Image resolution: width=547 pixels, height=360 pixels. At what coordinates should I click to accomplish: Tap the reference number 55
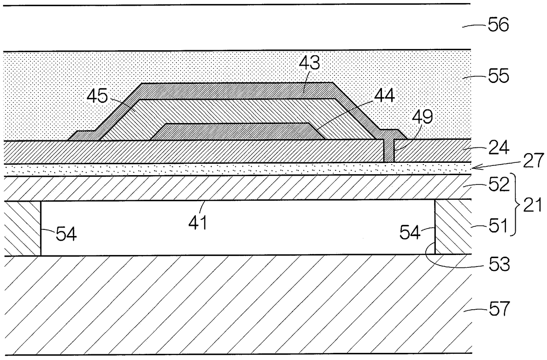(498, 75)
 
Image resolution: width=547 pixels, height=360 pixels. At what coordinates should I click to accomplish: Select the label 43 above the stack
(309, 63)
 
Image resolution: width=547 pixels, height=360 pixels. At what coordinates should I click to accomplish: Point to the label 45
(97, 96)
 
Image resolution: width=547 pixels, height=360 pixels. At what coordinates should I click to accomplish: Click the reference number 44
(384, 95)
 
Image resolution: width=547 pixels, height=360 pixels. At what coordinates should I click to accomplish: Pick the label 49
(422, 116)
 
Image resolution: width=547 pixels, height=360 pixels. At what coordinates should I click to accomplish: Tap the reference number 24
(498, 147)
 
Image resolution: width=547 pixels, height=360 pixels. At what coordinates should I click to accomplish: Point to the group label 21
(533, 205)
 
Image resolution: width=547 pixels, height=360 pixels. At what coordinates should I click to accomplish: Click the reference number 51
(498, 226)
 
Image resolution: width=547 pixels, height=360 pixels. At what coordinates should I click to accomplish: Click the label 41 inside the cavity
(198, 222)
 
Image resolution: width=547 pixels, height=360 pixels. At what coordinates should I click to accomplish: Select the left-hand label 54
(66, 234)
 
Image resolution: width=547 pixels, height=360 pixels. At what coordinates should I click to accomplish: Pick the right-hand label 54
(410, 232)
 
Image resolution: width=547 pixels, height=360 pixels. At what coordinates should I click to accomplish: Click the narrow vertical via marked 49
(389, 150)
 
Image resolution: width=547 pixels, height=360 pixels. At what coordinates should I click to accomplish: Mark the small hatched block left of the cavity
(22, 229)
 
